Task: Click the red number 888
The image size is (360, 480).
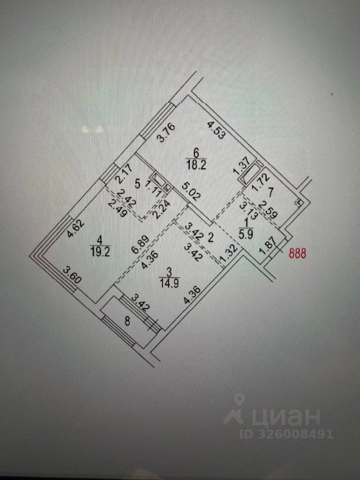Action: coord(298,253)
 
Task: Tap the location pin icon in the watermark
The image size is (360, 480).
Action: coord(239,400)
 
